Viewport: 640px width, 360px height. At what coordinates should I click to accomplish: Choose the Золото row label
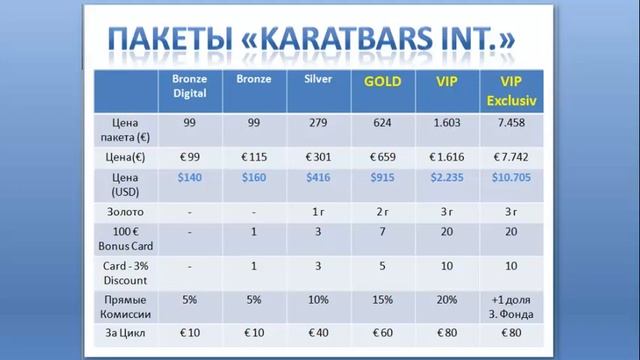127,212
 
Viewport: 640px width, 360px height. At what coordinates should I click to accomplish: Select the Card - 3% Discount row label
127,272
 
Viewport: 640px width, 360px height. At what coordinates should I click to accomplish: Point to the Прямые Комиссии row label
127,303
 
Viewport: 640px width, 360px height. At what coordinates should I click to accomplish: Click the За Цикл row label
127,332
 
